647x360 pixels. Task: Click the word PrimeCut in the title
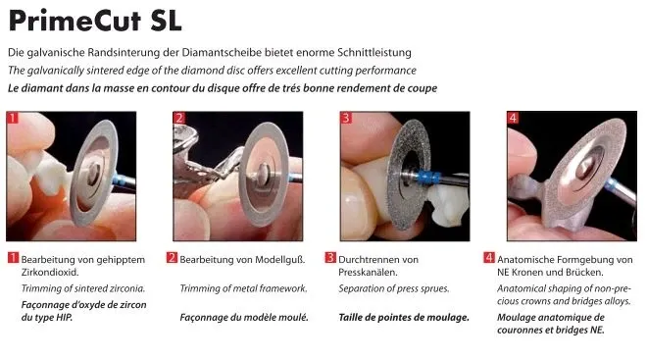click(x=75, y=21)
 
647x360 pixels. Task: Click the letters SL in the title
click(x=166, y=21)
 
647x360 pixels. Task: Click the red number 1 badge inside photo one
click(x=13, y=118)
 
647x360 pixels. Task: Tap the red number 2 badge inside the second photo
click(x=179, y=118)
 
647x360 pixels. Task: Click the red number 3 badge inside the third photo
click(x=346, y=118)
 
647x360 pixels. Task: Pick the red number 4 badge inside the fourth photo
click(x=513, y=118)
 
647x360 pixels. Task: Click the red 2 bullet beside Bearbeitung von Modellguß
click(x=172, y=258)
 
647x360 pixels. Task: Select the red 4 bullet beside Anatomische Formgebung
click(x=488, y=258)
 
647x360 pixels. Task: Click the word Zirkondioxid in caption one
click(x=50, y=273)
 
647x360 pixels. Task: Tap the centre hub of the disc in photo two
click(x=264, y=171)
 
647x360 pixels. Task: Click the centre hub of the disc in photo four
click(x=582, y=167)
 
